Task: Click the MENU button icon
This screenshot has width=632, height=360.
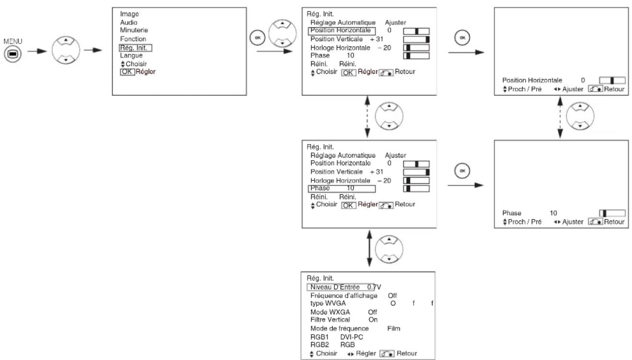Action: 12,54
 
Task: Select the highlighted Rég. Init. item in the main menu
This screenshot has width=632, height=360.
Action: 135,48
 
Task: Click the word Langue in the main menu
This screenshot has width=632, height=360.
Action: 131,56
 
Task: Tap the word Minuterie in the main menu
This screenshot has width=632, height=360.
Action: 134,30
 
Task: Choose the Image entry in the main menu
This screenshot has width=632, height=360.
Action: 129,14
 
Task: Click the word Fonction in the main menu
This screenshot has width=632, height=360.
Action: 133,39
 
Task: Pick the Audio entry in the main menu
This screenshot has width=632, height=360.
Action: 129,22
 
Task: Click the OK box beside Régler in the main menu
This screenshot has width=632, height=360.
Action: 127,71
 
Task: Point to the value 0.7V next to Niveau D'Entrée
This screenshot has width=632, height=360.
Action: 374,287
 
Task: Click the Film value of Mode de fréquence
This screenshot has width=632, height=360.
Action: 394,328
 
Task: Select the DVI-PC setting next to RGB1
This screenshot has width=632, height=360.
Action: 351,337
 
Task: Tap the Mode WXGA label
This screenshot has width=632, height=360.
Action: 330,312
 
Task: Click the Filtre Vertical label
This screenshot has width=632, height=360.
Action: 330,320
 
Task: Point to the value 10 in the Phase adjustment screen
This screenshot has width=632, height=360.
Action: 553,213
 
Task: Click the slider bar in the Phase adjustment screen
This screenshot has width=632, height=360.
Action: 612,213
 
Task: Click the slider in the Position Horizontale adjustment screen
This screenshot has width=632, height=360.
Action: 612,81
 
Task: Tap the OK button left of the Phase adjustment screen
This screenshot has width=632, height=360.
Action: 462,171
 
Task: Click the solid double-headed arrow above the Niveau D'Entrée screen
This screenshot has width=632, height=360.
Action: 369,249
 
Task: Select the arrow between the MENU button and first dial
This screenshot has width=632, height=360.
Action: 37,51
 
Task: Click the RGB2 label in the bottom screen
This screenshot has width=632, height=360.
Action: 319,345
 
